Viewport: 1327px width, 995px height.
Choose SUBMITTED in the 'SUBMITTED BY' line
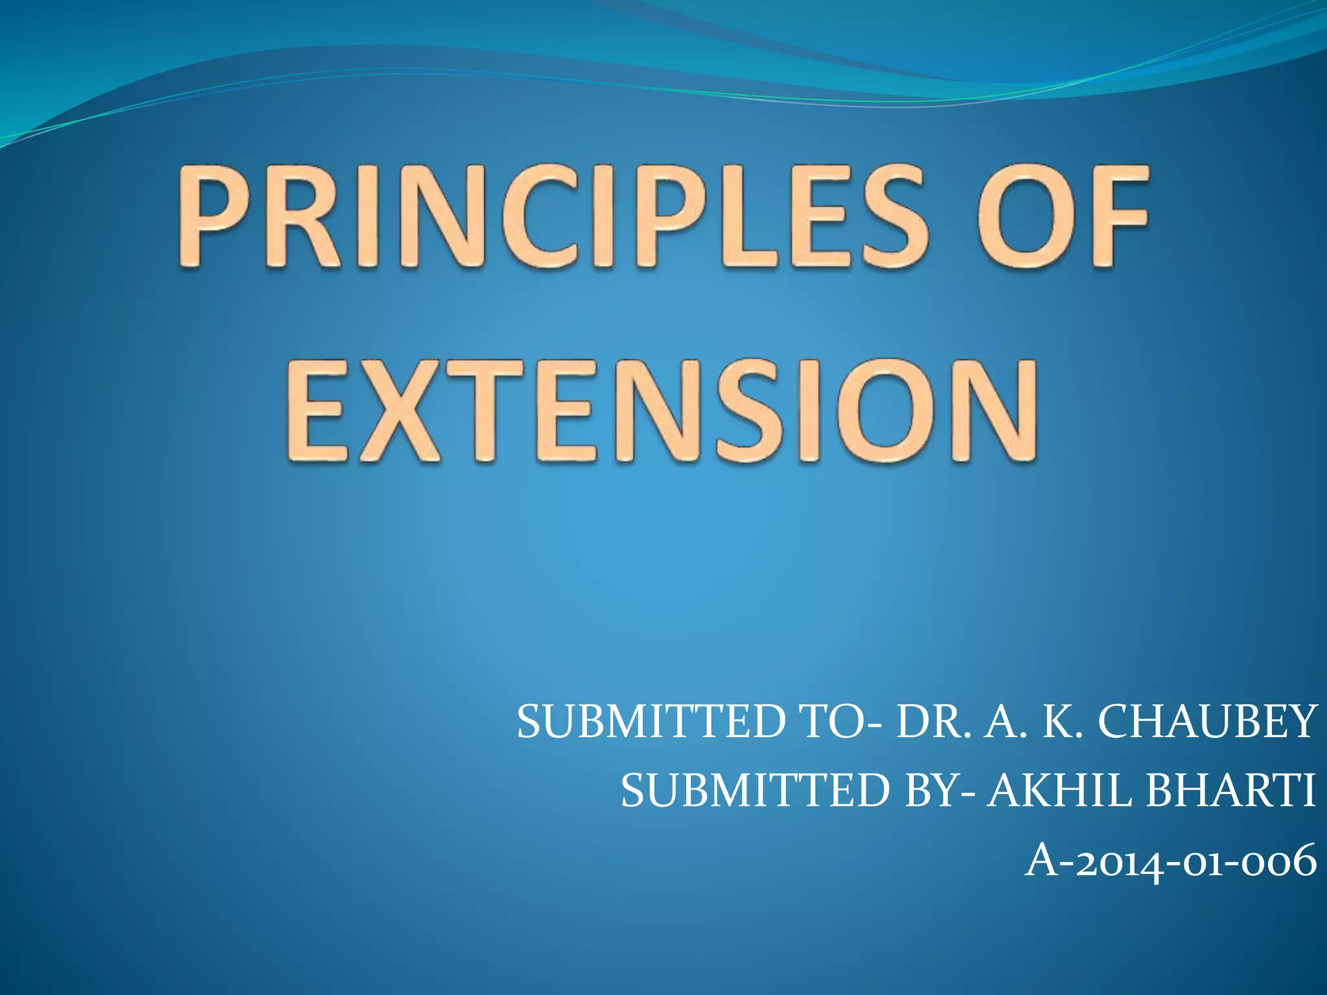tap(754, 791)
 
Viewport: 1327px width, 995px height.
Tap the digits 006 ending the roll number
tap(1280, 862)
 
